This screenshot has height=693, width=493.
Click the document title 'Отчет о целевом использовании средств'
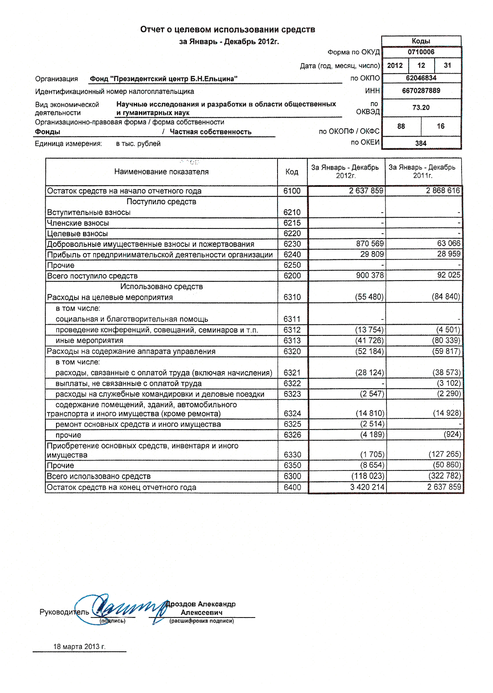pos(227,29)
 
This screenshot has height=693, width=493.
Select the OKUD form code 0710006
pos(421,52)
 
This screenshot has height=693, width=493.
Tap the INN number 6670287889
pos(421,91)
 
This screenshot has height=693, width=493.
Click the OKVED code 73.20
pos(421,108)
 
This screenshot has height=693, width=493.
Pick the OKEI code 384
pos(421,143)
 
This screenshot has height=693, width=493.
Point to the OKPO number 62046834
pos(421,78)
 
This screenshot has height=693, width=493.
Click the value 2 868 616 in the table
pos(443,191)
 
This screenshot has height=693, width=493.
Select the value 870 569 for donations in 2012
pos(370,244)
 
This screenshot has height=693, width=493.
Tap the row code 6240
pos(292,255)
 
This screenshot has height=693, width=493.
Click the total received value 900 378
pos(370,275)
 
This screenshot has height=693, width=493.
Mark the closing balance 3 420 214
pos(367,487)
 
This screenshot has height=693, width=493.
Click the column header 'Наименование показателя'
pos(161,172)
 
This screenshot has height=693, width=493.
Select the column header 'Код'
pos(292,172)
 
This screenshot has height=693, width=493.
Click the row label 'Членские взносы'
pos(78,223)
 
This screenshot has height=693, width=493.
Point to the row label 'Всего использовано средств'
pos(99,476)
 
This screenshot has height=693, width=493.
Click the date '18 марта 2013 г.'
pos(80,647)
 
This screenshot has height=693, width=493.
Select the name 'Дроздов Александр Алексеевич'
pos(201,608)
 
